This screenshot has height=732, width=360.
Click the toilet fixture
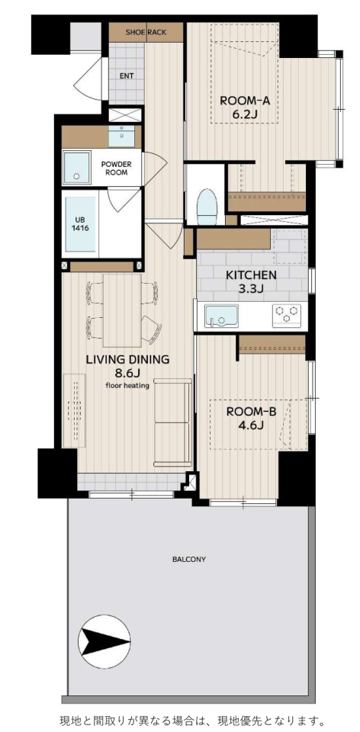(x=205, y=206)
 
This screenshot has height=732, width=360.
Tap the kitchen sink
(x=221, y=316)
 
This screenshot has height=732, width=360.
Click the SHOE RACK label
(x=146, y=33)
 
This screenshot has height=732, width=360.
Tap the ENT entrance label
(x=126, y=76)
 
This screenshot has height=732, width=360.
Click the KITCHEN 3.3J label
(x=251, y=281)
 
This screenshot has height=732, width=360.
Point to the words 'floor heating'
(x=127, y=385)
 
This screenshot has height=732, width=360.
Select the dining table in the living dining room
(x=122, y=310)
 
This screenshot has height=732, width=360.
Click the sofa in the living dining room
(x=173, y=422)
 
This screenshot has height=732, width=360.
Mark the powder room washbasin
(x=124, y=135)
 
